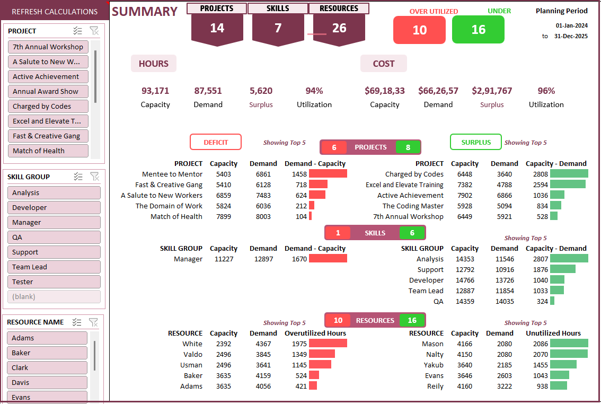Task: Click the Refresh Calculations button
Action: [55, 12]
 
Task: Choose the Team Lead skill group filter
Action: [54, 267]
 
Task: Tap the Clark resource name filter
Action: [47, 367]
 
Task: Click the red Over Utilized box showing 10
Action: [419, 30]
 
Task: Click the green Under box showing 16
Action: [478, 30]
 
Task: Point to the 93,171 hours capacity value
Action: [155, 91]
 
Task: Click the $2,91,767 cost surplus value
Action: [492, 91]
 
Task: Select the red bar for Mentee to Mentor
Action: [328, 174]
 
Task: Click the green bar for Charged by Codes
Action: [569, 174]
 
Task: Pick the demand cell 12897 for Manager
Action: [263, 259]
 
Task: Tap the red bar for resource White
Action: [328, 344]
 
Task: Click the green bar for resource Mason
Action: [569, 344]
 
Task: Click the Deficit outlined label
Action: [216, 142]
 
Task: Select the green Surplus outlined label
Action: [475, 142]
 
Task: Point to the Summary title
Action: [145, 12]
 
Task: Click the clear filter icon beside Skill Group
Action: [94, 177]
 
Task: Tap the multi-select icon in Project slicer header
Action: [77, 31]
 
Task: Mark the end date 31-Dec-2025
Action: [571, 36]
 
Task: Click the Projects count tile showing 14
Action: [217, 28]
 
